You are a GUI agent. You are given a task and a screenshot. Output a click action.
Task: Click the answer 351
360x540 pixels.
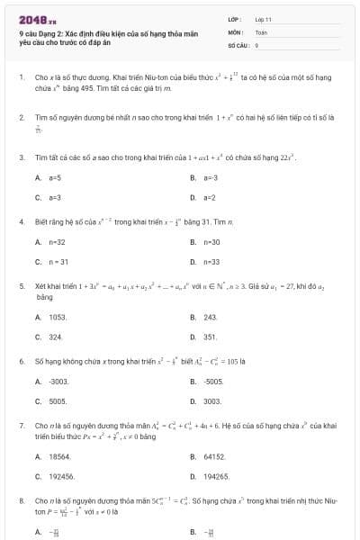point(211,337)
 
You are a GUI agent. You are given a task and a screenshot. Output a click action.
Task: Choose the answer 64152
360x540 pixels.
point(214,456)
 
